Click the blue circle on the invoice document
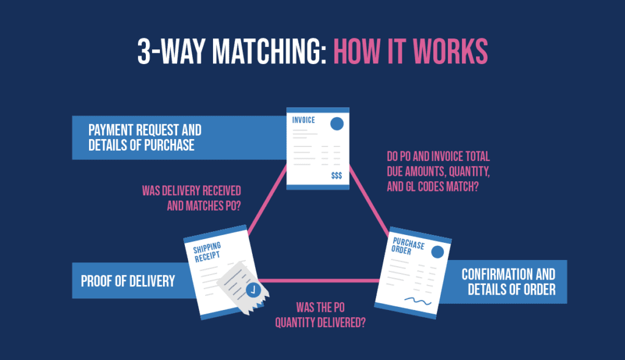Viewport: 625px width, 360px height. click(336, 124)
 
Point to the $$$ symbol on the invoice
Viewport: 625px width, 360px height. click(336, 176)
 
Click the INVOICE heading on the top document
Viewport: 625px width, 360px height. click(303, 120)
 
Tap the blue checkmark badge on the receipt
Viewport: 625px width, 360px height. click(252, 289)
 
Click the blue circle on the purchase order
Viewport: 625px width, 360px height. click(437, 251)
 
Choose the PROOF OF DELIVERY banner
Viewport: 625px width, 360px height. click(128, 281)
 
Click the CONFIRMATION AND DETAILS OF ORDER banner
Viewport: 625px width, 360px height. click(508, 281)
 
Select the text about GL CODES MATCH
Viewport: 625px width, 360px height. click(433, 187)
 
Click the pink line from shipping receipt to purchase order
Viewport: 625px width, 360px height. click(323, 281)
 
